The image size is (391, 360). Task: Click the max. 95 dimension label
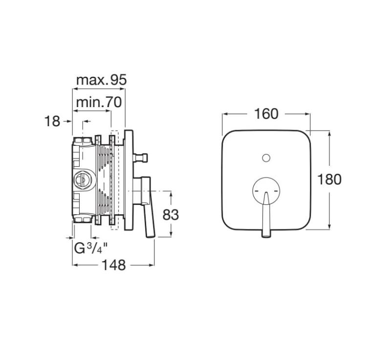pyautogui.click(x=102, y=80)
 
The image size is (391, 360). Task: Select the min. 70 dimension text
pyautogui.click(x=99, y=102)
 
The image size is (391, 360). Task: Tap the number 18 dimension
pyautogui.click(x=52, y=121)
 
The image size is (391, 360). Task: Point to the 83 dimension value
pyautogui.click(x=171, y=215)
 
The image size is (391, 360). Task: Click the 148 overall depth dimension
pyautogui.click(x=114, y=265)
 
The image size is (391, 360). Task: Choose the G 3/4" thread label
pyautogui.click(x=91, y=248)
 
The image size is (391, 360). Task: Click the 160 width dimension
pyautogui.click(x=266, y=114)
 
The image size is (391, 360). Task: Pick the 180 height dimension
pyautogui.click(x=329, y=180)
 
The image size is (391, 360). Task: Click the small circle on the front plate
pyautogui.click(x=266, y=157)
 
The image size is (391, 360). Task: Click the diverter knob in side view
pyautogui.click(x=140, y=157)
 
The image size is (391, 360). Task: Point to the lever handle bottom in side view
pyautogui.click(x=151, y=234)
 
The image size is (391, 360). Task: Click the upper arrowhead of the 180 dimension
pyautogui.click(x=329, y=134)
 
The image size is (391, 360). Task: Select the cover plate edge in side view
pyautogui.click(x=129, y=180)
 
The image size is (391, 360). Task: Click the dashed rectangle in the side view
pyautogui.click(x=114, y=180)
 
